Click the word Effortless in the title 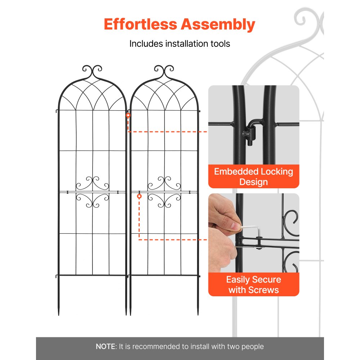tap(140, 24)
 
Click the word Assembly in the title tap(218, 24)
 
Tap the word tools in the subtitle tap(220, 44)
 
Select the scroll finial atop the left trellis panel tap(92, 70)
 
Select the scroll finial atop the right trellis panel tap(164, 70)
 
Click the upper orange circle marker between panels tap(128, 116)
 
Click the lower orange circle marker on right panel tap(139, 196)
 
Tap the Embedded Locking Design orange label tap(253, 176)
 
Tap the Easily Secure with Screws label tap(253, 284)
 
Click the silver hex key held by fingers tap(252, 230)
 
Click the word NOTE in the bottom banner tap(105, 347)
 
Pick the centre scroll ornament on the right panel tap(164, 193)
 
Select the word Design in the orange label tap(253, 182)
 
